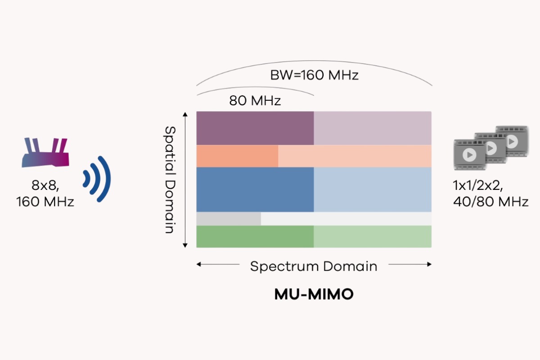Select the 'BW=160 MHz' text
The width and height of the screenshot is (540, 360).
pos(314,75)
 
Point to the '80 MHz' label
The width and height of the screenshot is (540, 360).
pos(255,100)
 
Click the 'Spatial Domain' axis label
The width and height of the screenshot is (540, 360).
pos(170,179)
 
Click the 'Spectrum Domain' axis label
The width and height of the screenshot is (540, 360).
pos(314,266)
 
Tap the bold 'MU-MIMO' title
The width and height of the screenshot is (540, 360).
pos(314,294)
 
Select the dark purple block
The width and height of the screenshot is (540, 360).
pos(255,128)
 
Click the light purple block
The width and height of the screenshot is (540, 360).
pos(373,128)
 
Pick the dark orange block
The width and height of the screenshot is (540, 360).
pos(237,156)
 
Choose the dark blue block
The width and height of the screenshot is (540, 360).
pos(255,189)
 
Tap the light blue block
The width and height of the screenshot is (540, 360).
pos(373,189)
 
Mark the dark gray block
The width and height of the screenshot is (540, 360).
pos(229,219)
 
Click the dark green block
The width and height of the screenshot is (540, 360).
pos(255,236)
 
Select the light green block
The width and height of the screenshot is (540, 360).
pos(373,236)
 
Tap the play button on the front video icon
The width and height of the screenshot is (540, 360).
pos(469,155)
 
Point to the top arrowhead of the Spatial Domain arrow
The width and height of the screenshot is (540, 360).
pos(185,114)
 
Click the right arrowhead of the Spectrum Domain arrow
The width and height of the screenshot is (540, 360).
pos(430,265)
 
